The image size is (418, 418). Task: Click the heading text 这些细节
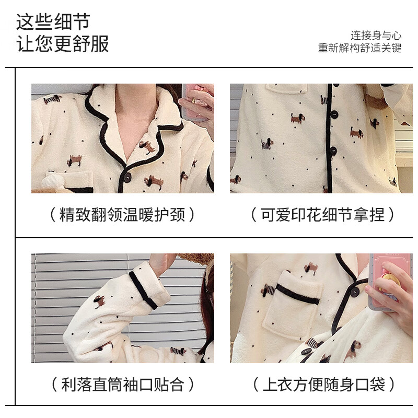(x=53, y=21)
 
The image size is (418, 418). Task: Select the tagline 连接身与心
(x=376, y=36)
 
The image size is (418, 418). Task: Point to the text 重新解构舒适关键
(x=360, y=48)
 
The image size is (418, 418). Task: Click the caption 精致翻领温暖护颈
(x=123, y=214)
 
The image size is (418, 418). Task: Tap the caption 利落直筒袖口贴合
(x=123, y=385)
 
